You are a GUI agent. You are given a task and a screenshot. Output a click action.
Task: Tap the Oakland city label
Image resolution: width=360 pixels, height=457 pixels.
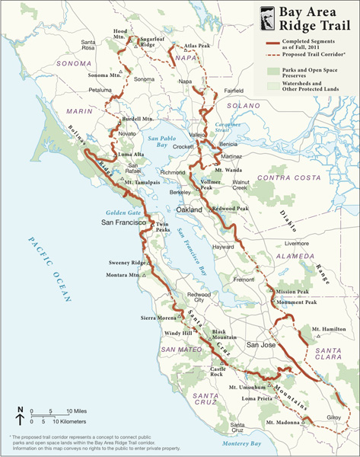(x=190, y=209)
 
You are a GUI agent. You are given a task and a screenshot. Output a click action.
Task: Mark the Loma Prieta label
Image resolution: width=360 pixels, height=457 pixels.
(x=256, y=398)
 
